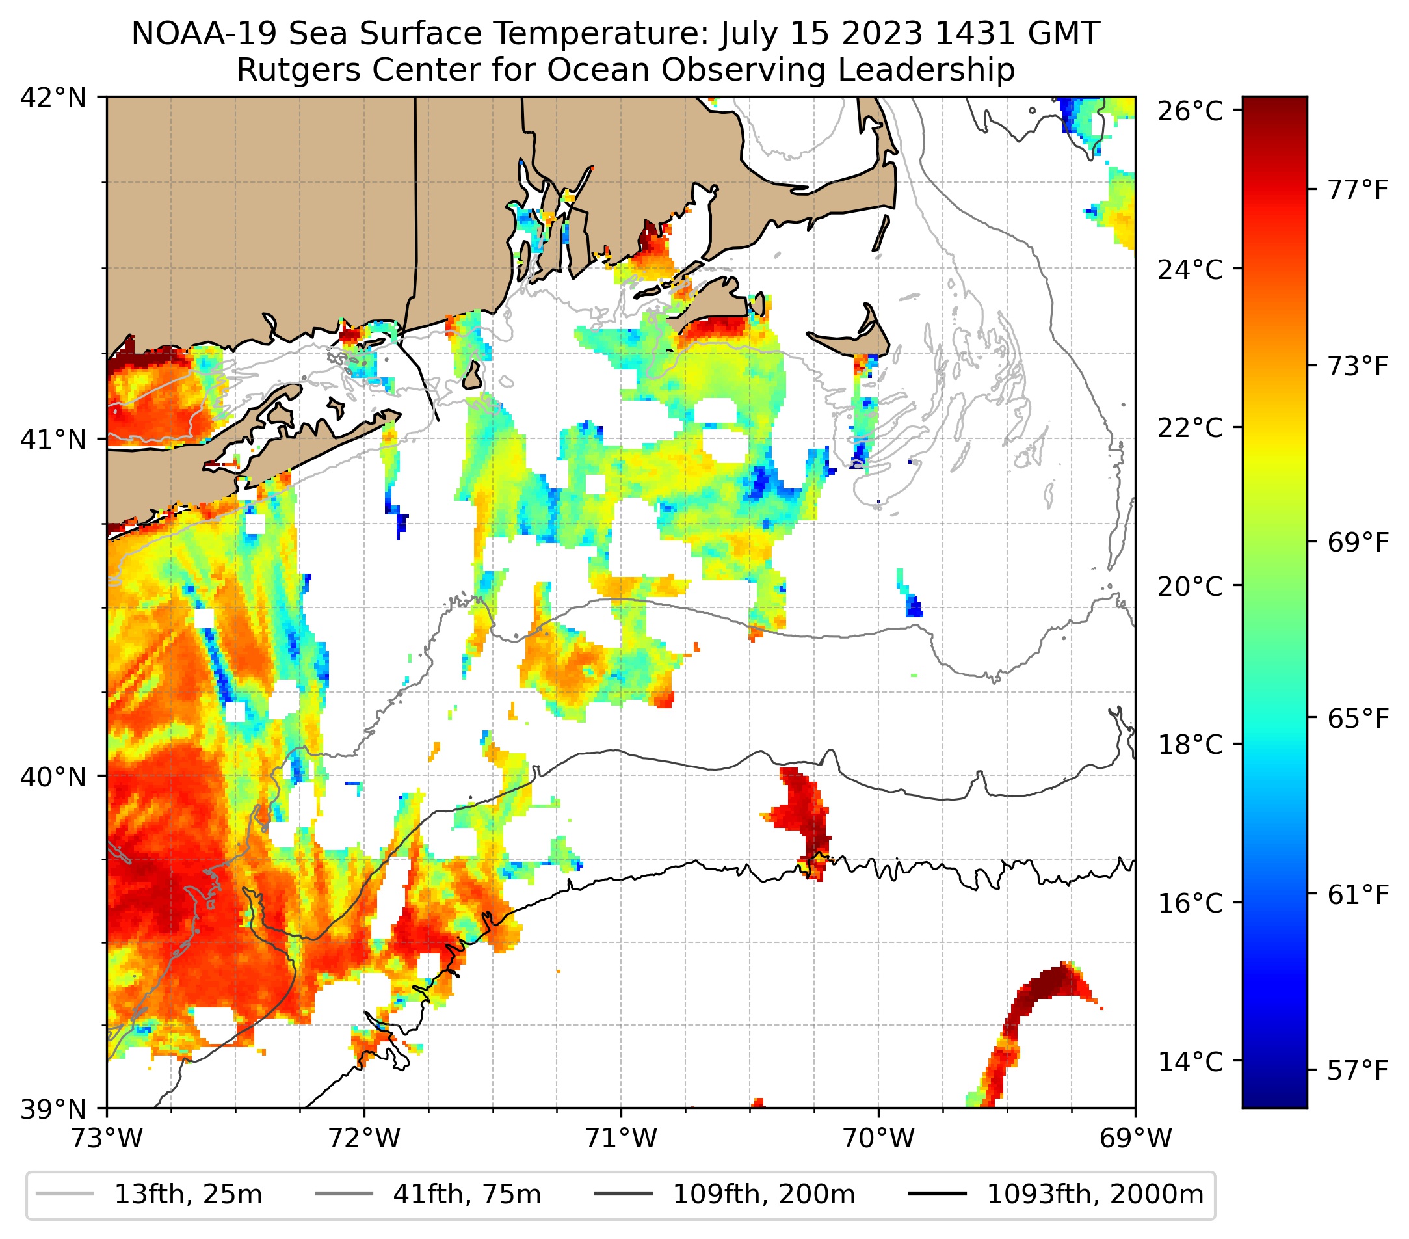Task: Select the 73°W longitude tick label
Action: pyautogui.click(x=107, y=1138)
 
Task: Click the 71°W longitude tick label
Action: pyautogui.click(x=621, y=1138)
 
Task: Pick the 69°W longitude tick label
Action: pyautogui.click(x=1135, y=1138)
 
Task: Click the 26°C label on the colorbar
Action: pyautogui.click(x=1190, y=111)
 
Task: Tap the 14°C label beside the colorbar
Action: pyautogui.click(x=1190, y=1062)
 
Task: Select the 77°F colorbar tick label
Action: pyautogui.click(x=1357, y=190)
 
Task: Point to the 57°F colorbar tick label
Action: pyautogui.click(x=1357, y=1071)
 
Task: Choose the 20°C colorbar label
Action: pyautogui.click(x=1190, y=587)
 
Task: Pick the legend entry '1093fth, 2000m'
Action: pyautogui.click(x=1095, y=1194)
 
